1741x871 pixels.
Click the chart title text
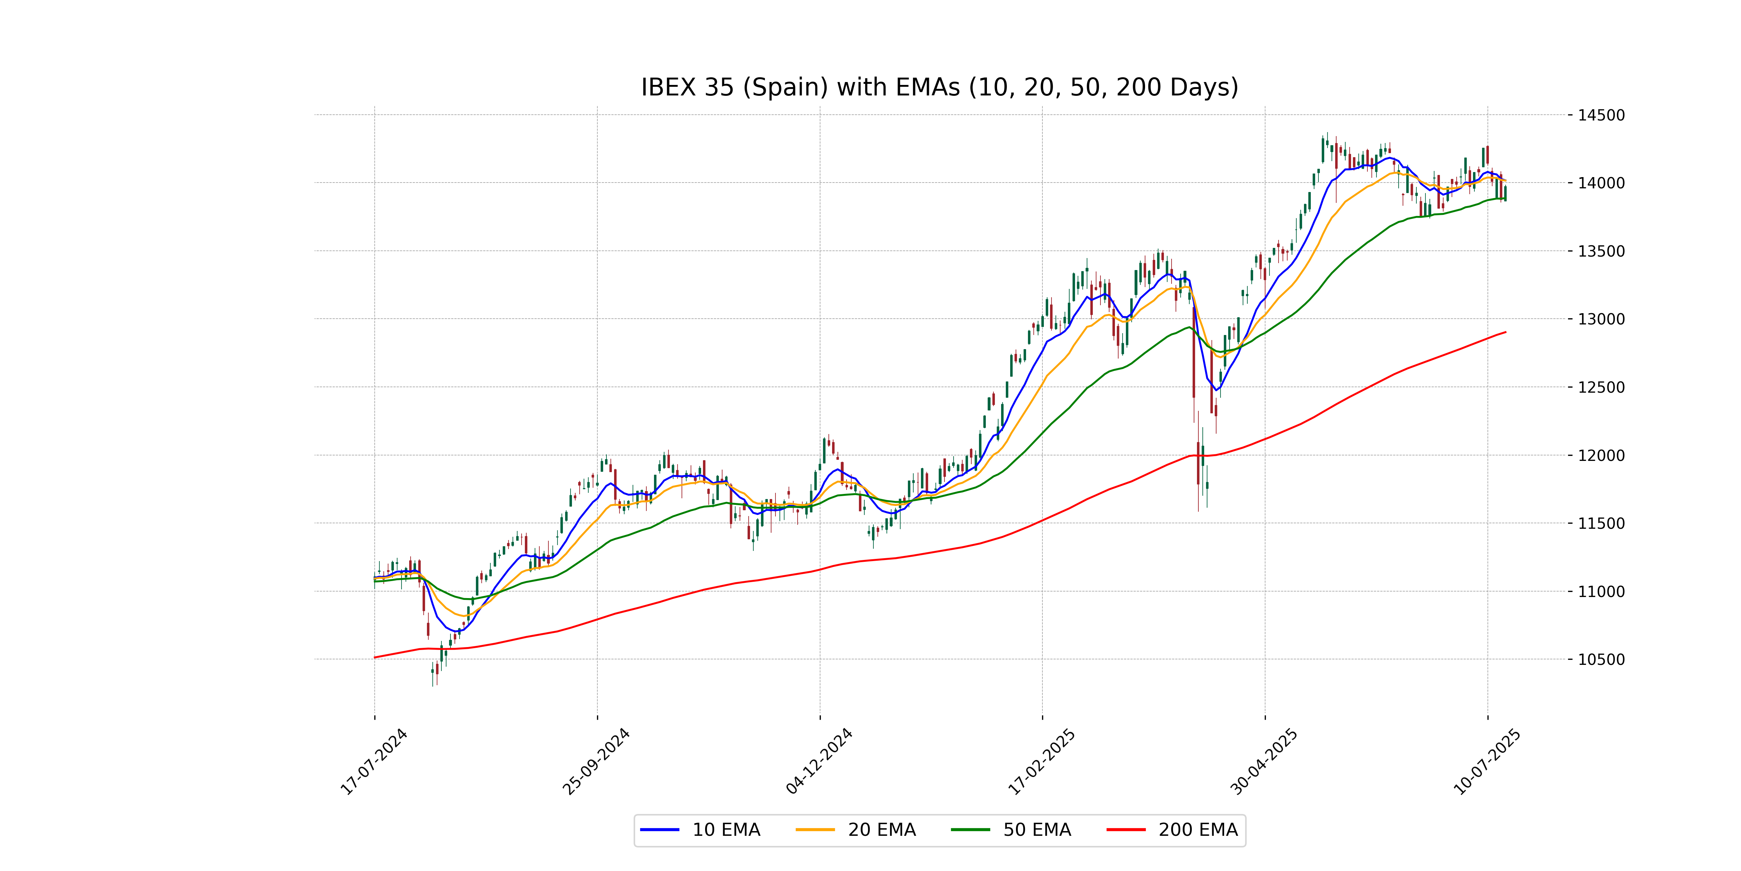[x=939, y=87]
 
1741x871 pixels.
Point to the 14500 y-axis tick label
[x=1601, y=115]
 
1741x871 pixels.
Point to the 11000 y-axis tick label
[x=1601, y=592]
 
